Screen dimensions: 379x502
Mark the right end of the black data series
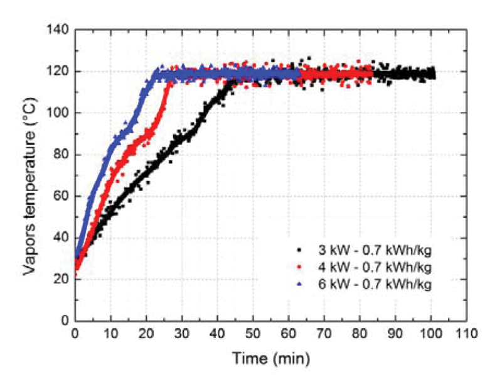click(434, 74)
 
